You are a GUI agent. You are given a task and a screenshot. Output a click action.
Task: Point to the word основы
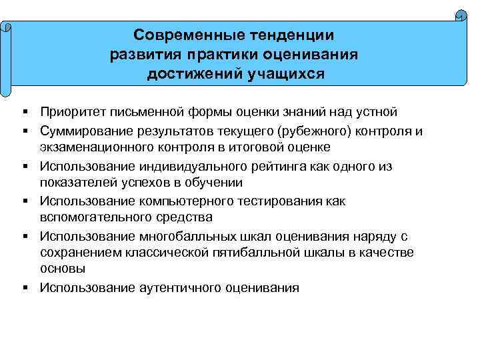(x=63, y=268)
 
